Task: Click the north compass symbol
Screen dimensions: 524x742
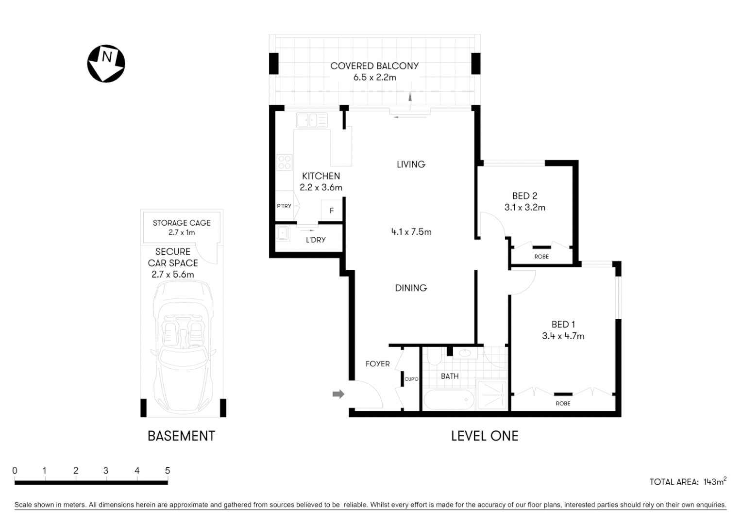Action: pyautogui.click(x=106, y=64)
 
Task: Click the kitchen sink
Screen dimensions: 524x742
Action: pyautogui.click(x=312, y=120)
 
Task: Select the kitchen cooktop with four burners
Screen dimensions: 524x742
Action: pyautogui.click(x=284, y=162)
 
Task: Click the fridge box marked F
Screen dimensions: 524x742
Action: pyautogui.click(x=332, y=211)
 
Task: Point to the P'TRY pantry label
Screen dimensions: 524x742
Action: pyautogui.click(x=284, y=206)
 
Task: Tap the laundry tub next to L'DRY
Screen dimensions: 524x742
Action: pyautogui.click(x=283, y=234)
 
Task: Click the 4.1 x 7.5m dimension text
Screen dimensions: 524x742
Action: pyautogui.click(x=411, y=232)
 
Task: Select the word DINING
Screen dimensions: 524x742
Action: pyautogui.click(x=411, y=288)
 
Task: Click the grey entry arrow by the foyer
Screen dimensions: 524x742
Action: pyautogui.click(x=338, y=394)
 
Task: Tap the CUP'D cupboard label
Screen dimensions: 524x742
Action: pyautogui.click(x=411, y=379)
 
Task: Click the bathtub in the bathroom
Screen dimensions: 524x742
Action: pyautogui.click(x=449, y=399)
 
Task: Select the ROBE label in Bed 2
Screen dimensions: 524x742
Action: pyautogui.click(x=541, y=257)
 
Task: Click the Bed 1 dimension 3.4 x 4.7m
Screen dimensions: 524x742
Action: pyautogui.click(x=563, y=336)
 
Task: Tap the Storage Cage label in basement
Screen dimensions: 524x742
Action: pyautogui.click(x=182, y=223)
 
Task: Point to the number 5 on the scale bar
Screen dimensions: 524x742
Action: pyautogui.click(x=168, y=471)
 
